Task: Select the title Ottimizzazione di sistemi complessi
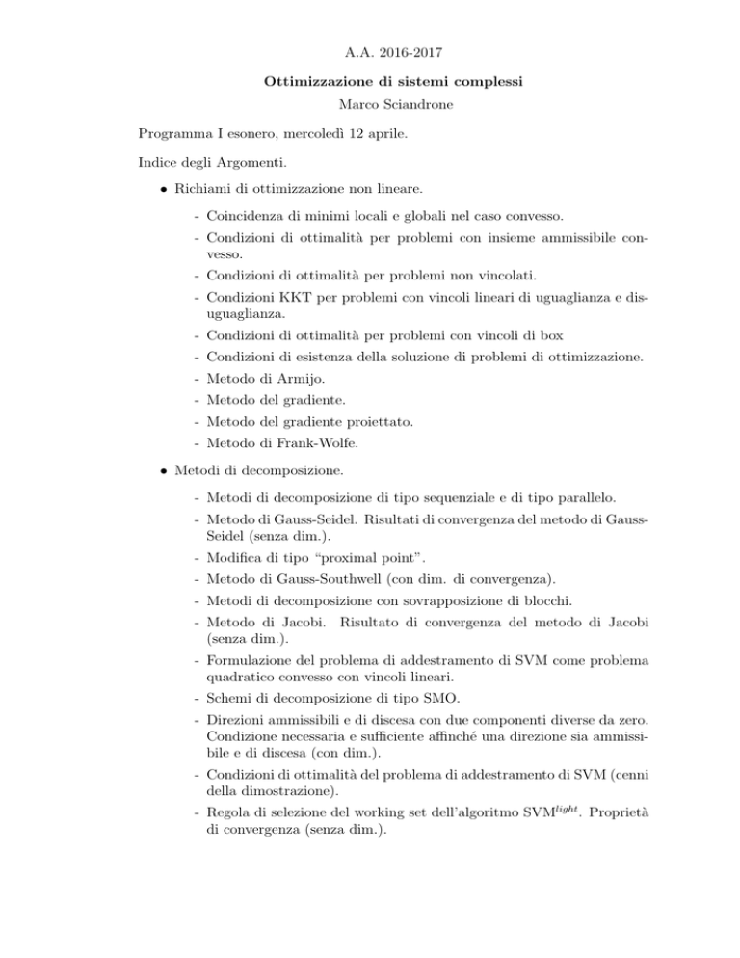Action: [369, 82]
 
